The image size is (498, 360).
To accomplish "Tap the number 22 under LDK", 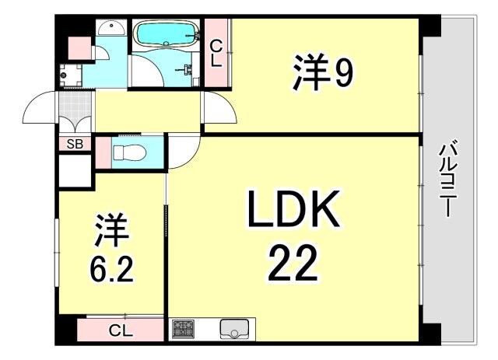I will point(294,263).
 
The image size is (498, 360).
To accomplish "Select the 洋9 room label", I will point(324,74).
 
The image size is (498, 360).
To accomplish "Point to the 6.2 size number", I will point(111,268).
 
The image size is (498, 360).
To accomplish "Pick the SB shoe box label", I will point(75,144).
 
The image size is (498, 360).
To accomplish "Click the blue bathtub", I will point(167,33).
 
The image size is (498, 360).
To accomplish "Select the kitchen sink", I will point(233,329).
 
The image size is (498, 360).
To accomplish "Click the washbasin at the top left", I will point(113,28).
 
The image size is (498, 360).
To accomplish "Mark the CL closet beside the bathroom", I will point(216,51).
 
